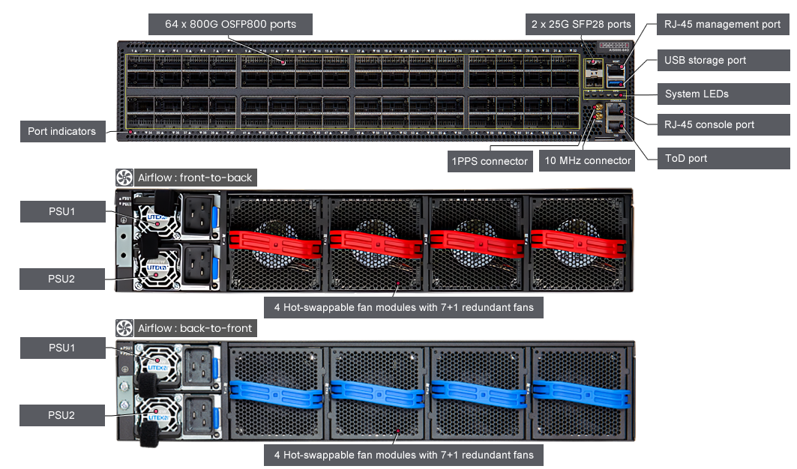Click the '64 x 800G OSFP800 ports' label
click(x=231, y=25)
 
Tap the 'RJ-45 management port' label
click(x=722, y=25)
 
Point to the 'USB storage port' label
click(x=705, y=60)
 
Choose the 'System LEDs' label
click(x=697, y=94)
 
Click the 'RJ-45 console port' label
click(x=709, y=124)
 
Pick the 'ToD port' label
click(x=685, y=158)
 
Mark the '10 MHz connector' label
click(x=588, y=160)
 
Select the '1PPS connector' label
click(x=490, y=160)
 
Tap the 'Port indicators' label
click(x=61, y=131)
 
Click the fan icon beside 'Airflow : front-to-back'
click(x=124, y=178)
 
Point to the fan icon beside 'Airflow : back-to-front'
click(x=124, y=328)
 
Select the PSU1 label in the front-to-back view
click(x=61, y=212)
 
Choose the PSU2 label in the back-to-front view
click(x=61, y=415)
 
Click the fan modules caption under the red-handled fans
click(x=403, y=307)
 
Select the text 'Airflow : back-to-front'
click(x=195, y=328)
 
